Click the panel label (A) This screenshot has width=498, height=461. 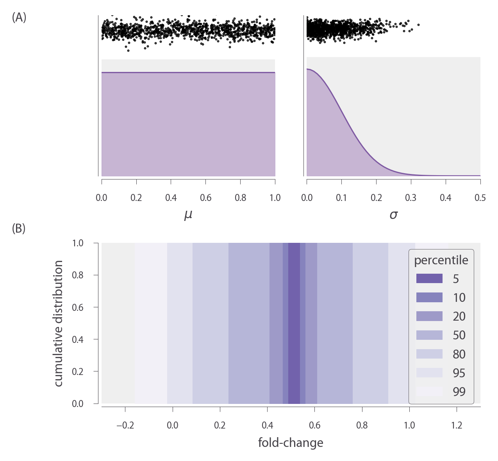[x=19, y=18]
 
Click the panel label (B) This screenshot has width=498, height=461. [x=19, y=228]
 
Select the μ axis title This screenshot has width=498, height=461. [x=188, y=215]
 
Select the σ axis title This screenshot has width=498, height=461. [x=393, y=215]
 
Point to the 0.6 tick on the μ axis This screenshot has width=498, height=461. [x=205, y=197]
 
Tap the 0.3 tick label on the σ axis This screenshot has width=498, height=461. [x=411, y=197]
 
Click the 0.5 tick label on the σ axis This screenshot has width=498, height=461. [x=480, y=197]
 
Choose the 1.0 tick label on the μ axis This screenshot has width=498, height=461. [x=275, y=197]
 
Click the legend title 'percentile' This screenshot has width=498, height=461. [x=441, y=260]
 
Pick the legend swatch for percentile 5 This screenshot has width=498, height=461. [x=429, y=278]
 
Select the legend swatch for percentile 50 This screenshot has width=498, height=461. [x=429, y=335]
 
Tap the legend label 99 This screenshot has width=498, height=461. [x=459, y=391]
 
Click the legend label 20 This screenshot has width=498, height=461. [x=459, y=316]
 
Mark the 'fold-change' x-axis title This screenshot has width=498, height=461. [x=291, y=443]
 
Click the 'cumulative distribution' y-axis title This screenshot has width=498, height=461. [x=59, y=323]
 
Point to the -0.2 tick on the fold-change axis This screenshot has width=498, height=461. [x=125, y=425]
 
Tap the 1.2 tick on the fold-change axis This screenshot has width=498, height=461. [x=457, y=425]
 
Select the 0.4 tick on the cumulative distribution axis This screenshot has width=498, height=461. [x=78, y=339]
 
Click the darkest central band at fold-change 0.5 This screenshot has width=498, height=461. [x=294, y=323]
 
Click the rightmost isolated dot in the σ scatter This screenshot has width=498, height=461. [x=418, y=25]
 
